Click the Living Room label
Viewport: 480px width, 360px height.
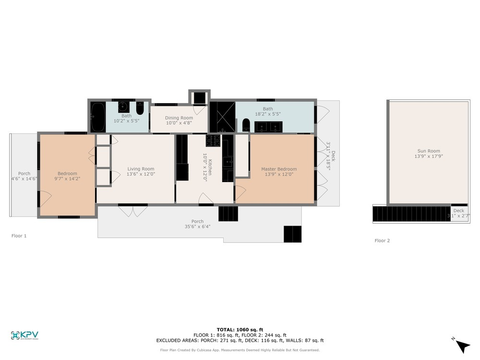pos(141,168)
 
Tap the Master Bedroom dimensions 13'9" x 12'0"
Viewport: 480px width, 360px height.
pos(279,174)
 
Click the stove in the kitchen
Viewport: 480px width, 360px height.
pos(213,141)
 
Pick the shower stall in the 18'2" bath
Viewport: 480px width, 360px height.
pos(222,117)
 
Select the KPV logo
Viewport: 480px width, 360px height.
pos(24,336)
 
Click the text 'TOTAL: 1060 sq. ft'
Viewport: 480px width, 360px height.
pos(240,329)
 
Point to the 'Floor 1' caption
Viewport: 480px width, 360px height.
pos(19,236)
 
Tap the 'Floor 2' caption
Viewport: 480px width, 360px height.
pos(382,240)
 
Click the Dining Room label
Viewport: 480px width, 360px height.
pos(179,118)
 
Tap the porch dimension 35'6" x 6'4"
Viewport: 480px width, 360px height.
pos(198,227)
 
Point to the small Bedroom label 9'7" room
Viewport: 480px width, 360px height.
pos(67,173)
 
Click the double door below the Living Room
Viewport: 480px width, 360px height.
pos(133,210)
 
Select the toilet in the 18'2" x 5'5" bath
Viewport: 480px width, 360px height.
pos(246,125)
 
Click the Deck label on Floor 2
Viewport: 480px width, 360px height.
pos(459,210)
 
